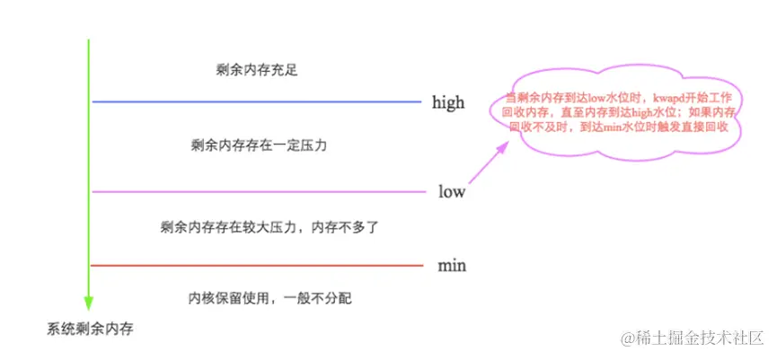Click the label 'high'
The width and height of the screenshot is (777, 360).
click(448, 102)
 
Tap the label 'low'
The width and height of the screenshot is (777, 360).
click(452, 191)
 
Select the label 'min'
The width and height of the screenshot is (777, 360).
click(452, 266)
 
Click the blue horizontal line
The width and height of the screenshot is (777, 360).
click(256, 101)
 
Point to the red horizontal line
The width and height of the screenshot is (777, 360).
click(256, 266)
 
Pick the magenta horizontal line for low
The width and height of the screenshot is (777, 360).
click(256, 191)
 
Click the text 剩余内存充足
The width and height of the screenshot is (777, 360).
click(257, 70)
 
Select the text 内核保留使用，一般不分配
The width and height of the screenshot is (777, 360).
click(257, 298)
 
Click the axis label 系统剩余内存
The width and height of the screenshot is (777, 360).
click(90, 330)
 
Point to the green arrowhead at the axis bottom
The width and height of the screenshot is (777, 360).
click(89, 303)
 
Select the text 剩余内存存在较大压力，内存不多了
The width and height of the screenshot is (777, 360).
click(257, 227)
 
